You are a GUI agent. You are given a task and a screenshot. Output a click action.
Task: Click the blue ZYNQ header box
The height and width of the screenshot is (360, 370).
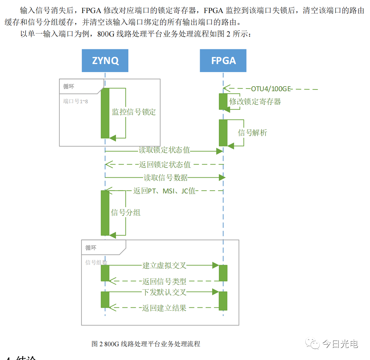pos(105,61)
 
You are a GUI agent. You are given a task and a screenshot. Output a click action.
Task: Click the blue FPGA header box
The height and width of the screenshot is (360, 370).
pos(223,61)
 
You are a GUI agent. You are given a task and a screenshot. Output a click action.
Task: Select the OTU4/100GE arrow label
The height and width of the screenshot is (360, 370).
pos(271,89)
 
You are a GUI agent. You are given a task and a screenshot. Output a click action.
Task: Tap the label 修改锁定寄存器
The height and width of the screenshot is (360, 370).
pos(255,101)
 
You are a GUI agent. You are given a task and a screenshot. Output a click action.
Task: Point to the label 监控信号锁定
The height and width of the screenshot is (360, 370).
pos(134,112)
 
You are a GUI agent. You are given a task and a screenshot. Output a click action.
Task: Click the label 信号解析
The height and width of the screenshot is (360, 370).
pos(252,133)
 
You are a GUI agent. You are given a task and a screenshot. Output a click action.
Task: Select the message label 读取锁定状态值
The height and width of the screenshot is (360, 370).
pos(164,150)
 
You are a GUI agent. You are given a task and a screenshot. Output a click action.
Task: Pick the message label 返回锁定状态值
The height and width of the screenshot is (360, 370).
pos(165,165)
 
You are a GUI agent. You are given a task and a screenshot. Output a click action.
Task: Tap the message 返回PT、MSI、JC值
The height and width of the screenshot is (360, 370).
pos(164,191)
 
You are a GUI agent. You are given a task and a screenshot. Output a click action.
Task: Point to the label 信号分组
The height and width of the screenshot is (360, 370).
pos(126,213)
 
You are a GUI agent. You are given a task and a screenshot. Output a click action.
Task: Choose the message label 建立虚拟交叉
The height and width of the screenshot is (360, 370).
pos(164,265)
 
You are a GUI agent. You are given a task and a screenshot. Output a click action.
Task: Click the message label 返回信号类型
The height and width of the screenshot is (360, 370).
pos(164,281)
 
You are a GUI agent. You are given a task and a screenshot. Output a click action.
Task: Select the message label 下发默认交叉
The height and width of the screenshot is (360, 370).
pos(164,292)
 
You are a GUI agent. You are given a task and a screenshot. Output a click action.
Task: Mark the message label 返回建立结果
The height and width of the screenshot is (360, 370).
pos(164,307)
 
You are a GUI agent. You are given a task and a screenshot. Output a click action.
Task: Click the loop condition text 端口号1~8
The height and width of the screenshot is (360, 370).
pos(76,101)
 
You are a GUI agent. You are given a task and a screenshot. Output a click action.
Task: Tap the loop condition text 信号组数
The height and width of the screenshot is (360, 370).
pos(96,262)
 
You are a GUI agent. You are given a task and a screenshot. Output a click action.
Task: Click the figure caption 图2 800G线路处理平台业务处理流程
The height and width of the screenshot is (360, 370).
pos(146,344)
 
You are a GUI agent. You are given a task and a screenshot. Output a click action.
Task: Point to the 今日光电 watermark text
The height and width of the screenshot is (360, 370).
pos(340,344)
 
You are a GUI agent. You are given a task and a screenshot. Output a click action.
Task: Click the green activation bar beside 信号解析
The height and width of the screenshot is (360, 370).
pos(223,132)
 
